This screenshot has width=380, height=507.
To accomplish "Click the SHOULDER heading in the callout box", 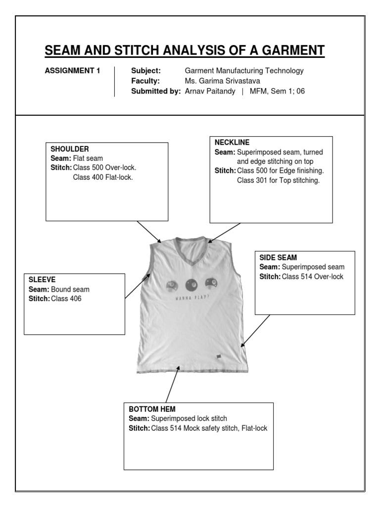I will (x=70, y=149).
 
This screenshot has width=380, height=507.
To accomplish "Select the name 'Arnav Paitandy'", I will (x=209, y=91).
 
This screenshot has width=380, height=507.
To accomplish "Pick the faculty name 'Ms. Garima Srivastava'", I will (x=222, y=81).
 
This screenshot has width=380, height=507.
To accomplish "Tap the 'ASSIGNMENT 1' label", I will (x=72, y=71).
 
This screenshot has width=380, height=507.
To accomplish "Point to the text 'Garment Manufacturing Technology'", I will (x=244, y=71).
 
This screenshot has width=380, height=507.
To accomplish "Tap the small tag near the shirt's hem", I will (x=218, y=356).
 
